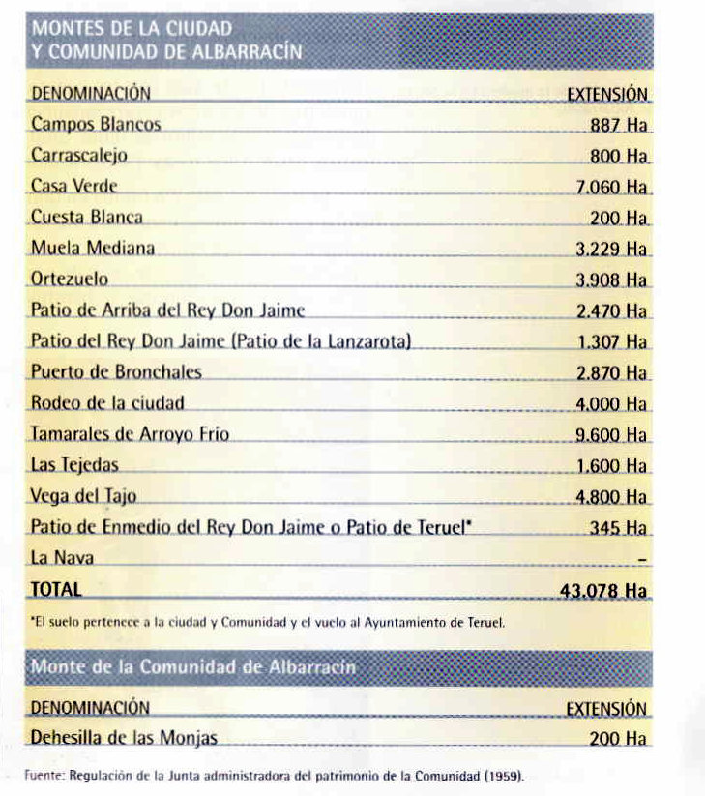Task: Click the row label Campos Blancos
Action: click(96, 124)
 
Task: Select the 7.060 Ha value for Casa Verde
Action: click(610, 186)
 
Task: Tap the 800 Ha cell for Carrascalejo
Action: click(618, 155)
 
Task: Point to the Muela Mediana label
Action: click(93, 248)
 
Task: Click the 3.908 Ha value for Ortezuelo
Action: click(610, 280)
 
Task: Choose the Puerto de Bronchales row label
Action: click(116, 372)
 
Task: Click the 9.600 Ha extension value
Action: click(610, 435)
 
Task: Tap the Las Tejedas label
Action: click(74, 465)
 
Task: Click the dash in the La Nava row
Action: click(642, 559)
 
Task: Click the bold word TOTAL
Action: click(56, 589)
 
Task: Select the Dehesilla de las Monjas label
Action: click(124, 738)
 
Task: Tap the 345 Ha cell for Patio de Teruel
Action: click(618, 528)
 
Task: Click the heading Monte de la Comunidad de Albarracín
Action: click(193, 667)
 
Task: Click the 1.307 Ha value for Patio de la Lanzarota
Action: click(610, 341)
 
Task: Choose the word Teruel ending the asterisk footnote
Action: click(484, 623)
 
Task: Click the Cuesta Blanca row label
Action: click(87, 217)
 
